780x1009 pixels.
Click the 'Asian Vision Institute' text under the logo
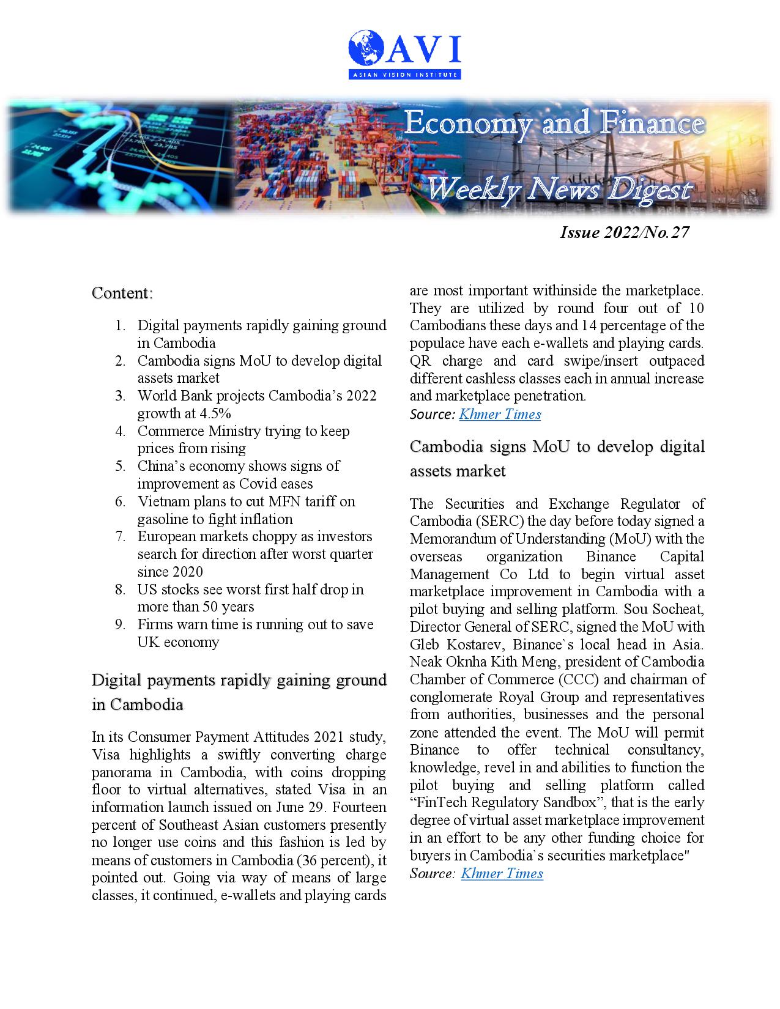click(404, 75)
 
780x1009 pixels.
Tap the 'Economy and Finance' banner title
click(554, 124)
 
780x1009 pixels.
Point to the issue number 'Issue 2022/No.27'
click(624, 232)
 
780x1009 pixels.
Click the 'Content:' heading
click(122, 293)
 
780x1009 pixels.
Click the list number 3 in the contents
click(120, 396)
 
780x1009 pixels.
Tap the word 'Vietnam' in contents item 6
click(161, 501)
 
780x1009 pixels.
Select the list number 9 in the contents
click(120, 625)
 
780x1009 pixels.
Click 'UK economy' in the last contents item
click(178, 642)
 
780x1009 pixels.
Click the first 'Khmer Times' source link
click(500, 414)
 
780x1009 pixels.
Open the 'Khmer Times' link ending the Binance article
click(502, 873)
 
